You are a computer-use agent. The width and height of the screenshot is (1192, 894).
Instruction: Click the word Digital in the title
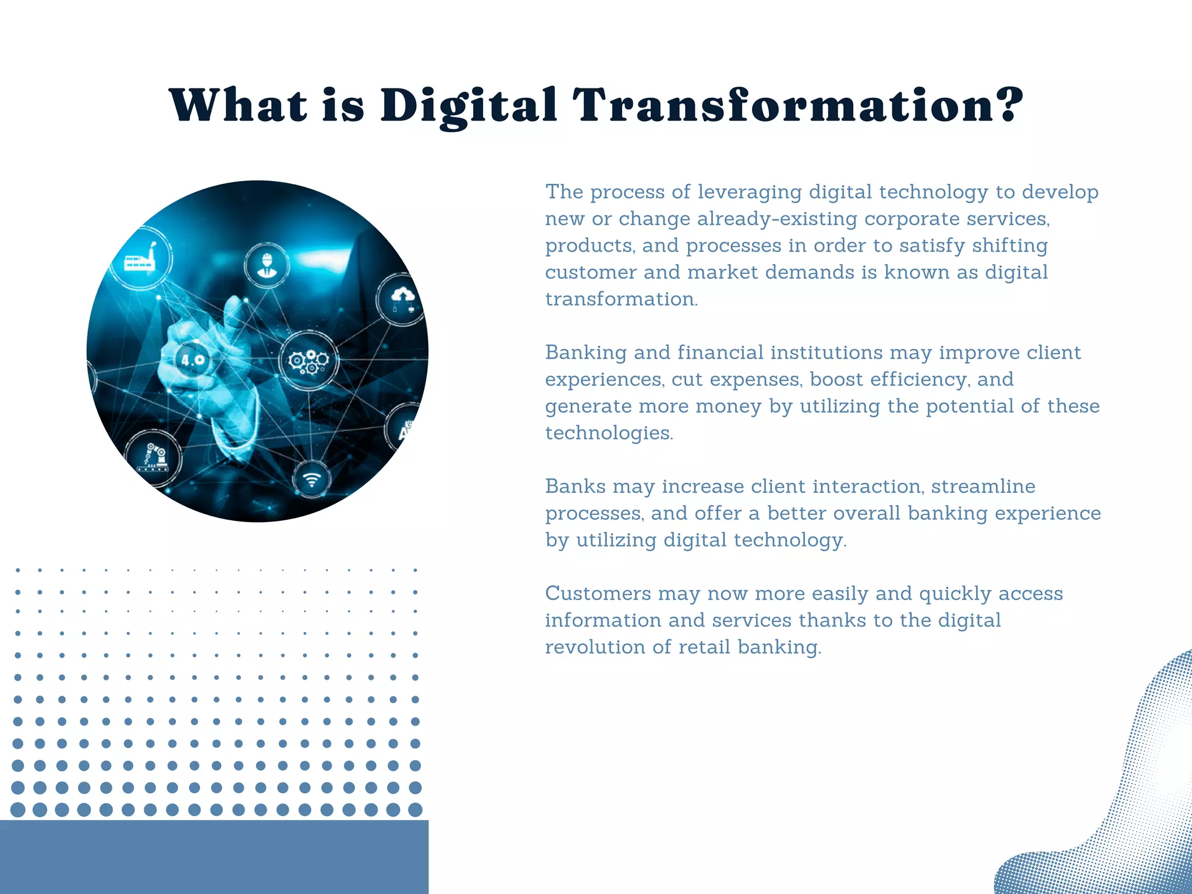point(469,106)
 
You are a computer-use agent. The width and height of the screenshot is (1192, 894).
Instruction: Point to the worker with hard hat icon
point(267,265)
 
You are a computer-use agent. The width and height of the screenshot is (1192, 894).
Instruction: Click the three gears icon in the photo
point(308,361)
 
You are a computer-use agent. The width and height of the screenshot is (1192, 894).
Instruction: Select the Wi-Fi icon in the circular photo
point(313,480)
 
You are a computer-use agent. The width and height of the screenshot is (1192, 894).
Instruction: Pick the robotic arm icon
point(154,456)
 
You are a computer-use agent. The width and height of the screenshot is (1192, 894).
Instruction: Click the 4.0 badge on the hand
point(193,360)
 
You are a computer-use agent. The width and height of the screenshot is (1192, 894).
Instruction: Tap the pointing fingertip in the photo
point(234,303)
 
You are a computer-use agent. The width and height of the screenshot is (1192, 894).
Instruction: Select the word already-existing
point(777,219)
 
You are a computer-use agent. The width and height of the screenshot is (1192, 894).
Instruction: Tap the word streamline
point(983,487)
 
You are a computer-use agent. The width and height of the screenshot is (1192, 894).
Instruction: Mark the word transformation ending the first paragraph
point(620,299)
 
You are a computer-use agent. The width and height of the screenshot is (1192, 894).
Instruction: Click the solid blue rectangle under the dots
point(214,857)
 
